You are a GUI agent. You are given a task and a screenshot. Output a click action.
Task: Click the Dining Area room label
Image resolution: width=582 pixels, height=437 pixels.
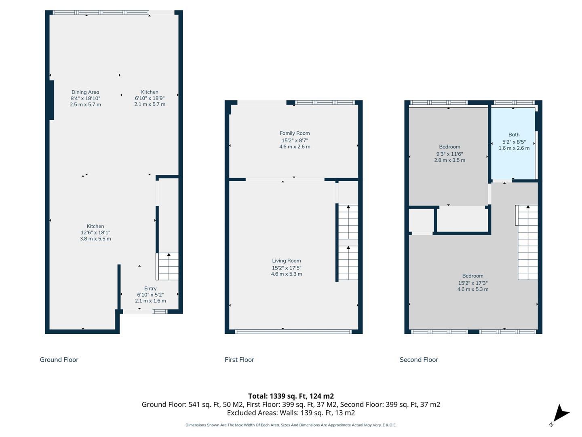[85, 92]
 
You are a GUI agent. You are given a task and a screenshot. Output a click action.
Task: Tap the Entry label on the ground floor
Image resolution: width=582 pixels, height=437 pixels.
[150, 289]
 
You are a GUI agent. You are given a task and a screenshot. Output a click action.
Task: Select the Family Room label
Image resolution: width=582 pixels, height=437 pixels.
[295, 133]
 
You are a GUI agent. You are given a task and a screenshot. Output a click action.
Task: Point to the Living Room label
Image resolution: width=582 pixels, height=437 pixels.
[287, 261]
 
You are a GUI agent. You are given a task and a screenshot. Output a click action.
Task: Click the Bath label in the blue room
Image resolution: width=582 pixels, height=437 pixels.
[514, 134]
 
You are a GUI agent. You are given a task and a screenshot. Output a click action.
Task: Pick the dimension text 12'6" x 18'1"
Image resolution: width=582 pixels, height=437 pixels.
[95, 232]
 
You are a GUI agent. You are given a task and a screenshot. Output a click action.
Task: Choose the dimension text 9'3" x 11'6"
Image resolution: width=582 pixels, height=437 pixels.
[450, 154]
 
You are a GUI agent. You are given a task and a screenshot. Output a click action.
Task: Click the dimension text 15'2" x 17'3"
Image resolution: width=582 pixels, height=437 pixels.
[473, 283]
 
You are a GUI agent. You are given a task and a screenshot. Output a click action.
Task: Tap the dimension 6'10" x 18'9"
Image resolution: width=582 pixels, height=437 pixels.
[150, 98]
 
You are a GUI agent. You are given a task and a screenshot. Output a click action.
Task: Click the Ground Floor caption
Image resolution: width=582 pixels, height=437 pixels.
[59, 360]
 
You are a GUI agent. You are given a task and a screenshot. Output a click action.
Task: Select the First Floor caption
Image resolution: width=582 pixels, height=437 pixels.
[239, 360]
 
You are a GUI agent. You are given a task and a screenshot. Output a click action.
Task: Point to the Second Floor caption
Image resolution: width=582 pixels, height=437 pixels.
[419, 360]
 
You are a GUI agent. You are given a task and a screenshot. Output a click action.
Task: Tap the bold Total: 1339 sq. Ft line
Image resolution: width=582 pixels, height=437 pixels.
[291, 396]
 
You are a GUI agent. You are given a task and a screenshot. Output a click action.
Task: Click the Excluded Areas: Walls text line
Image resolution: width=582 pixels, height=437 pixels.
[291, 413]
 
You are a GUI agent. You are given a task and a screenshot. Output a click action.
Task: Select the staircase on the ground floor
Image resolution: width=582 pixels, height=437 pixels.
[167, 266]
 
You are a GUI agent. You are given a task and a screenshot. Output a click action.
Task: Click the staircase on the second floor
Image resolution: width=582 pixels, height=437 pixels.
[528, 242]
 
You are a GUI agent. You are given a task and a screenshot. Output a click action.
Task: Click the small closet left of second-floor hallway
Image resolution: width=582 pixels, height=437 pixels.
[421, 221]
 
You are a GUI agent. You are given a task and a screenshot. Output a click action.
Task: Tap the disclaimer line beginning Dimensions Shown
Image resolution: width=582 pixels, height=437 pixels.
[291, 425]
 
